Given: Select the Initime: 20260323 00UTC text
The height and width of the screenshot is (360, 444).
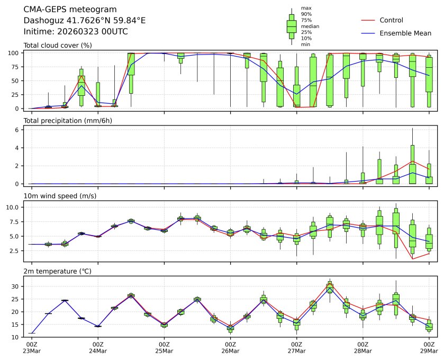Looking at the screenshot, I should [76, 32].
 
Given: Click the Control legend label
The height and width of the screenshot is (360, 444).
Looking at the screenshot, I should [391, 21].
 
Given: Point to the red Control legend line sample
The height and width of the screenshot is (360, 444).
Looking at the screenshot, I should [368, 21].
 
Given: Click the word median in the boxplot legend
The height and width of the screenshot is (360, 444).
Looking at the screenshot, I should [310, 26].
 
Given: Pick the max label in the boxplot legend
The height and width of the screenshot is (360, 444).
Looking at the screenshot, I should [306, 8].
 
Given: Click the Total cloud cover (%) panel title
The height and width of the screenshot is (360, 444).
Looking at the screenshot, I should [58, 46].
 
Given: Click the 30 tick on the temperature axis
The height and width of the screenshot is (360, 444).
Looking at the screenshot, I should [16, 286].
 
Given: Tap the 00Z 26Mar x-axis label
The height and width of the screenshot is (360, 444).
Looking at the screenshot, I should [230, 347].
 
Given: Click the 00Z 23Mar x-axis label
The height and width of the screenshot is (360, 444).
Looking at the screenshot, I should [32, 347].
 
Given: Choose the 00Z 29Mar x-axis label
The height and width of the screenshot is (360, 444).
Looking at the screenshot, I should [429, 347].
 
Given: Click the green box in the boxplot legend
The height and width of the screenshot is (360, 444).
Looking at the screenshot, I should [291, 26].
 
